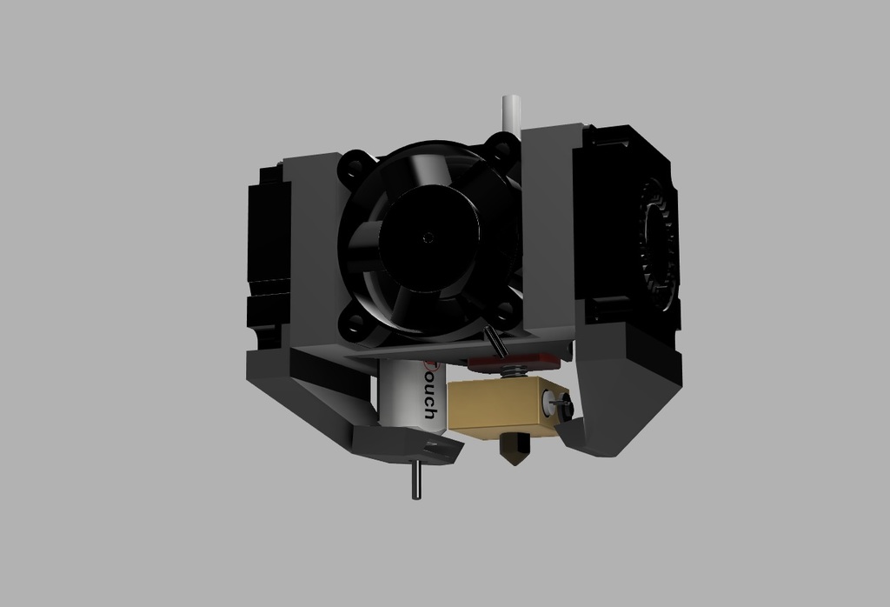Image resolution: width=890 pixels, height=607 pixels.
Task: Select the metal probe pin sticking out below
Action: [417, 480]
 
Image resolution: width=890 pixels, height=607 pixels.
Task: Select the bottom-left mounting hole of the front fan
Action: [355, 325]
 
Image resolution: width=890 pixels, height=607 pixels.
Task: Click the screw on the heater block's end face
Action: [557, 403]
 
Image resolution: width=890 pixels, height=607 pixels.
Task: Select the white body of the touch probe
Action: [402, 396]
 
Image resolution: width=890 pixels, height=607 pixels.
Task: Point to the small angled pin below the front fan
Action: [496, 340]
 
